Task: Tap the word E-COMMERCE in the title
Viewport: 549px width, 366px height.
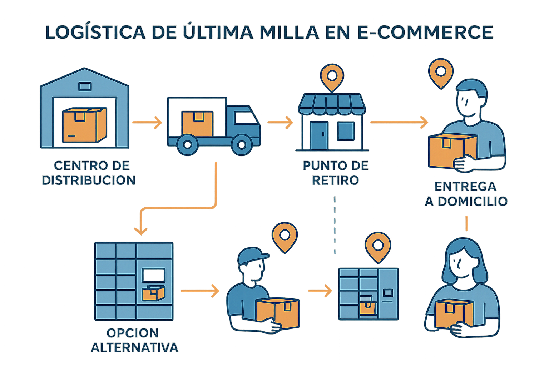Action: coord(425,32)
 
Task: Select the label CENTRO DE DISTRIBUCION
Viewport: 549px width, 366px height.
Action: coord(89,173)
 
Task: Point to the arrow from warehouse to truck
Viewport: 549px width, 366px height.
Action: coord(147,123)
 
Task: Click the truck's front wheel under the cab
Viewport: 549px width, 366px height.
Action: coord(242,145)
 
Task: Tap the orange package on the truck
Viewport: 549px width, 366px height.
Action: coord(197,124)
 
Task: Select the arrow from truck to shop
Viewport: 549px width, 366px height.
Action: coord(281,123)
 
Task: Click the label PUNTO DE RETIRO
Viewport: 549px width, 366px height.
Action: coord(335,173)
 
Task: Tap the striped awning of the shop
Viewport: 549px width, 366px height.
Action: coord(332,104)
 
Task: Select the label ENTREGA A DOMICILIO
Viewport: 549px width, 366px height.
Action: coord(466,194)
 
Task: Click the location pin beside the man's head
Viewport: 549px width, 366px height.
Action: coord(441,73)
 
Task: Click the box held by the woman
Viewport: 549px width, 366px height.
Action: coord(454,313)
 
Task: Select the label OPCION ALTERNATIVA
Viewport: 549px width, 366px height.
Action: coord(134,340)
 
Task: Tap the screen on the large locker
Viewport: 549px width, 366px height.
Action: coord(154,276)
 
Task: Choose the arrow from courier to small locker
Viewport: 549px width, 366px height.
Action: coord(320,291)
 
